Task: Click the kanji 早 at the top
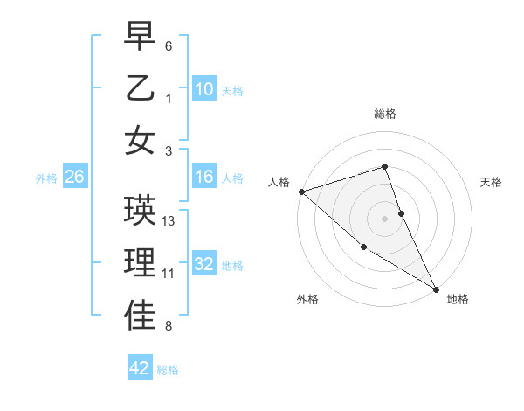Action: tap(140, 37)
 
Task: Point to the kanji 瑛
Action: tap(140, 211)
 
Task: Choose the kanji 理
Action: tap(140, 263)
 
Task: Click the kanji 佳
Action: tap(140, 316)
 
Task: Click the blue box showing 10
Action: tap(204, 89)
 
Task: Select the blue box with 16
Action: tap(204, 178)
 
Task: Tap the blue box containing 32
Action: tap(204, 265)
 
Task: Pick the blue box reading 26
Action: tap(74, 178)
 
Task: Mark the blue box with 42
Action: tap(140, 368)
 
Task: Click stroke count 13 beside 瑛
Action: tap(169, 221)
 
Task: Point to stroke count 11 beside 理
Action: tap(169, 274)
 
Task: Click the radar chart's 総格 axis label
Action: tap(385, 114)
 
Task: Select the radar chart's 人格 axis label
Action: tap(279, 182)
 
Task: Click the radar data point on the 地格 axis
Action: tap(436, 289)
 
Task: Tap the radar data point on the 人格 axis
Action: tap(300, 191)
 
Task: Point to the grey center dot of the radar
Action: tap(385, 218)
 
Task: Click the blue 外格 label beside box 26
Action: tap(46, 178)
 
